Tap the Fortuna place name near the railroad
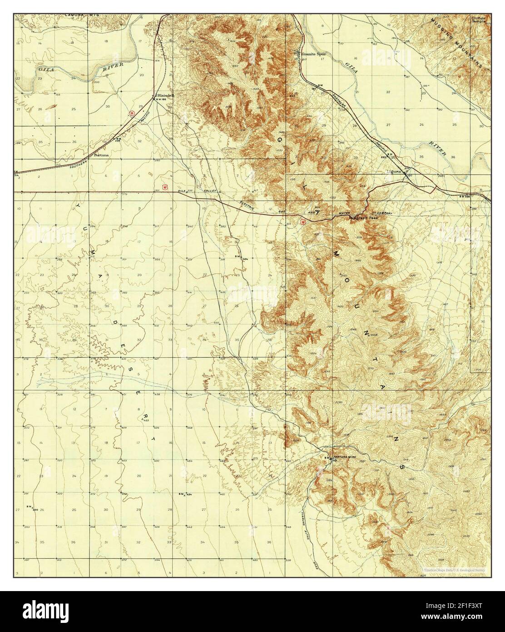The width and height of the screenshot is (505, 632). pyautogui.click(x=101, y=155)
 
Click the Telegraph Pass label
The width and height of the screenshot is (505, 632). pyautogui.click(x=363, y=218)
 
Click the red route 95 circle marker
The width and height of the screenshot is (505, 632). pyautogui.click(x=131, y=114)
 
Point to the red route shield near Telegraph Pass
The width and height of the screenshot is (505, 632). pyautogui.click(x=302, y=222)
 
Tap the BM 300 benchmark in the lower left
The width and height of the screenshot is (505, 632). pyautogui.click(x=33, y=507)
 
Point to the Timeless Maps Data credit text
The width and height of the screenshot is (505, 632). pyautogui.click(x=454, y=570)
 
